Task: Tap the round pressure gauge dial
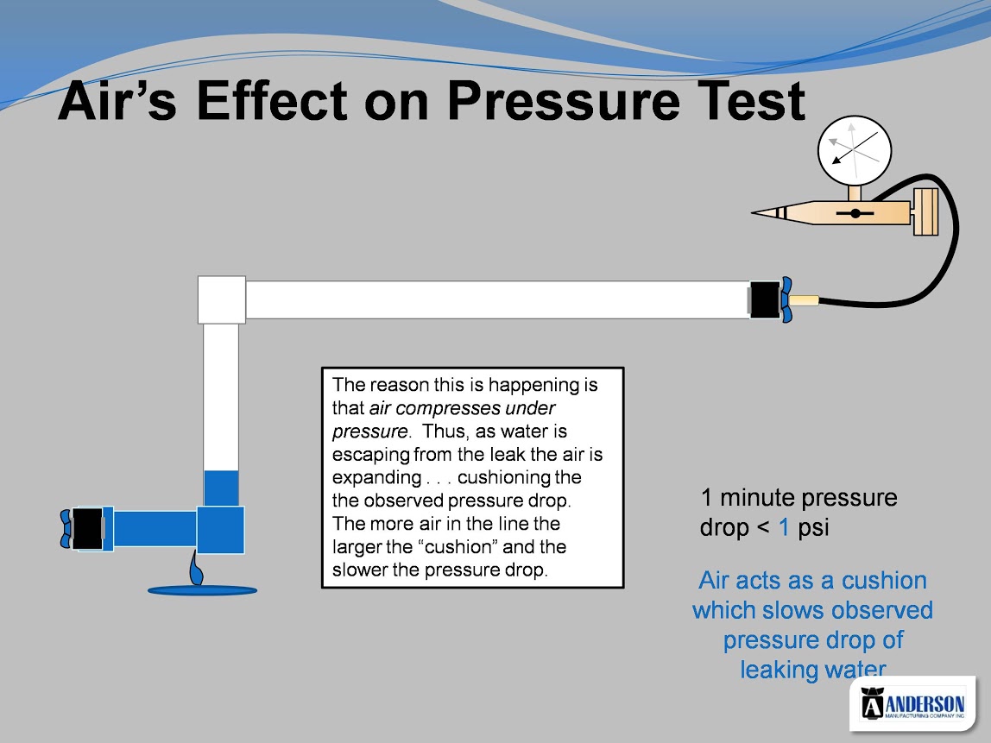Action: coord(855,151)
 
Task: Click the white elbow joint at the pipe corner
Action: coord(222,299)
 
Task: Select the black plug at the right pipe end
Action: coord(765,299)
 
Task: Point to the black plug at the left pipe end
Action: coord(87,528)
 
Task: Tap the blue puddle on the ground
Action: coord(202,591)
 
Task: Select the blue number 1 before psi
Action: coord(784,527)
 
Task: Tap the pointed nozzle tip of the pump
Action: coord(754,213)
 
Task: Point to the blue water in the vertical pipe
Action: coord(221,488)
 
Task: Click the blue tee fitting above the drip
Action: coord(221,530)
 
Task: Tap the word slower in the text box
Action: coord(360,570)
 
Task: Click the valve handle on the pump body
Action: coord(855,213)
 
